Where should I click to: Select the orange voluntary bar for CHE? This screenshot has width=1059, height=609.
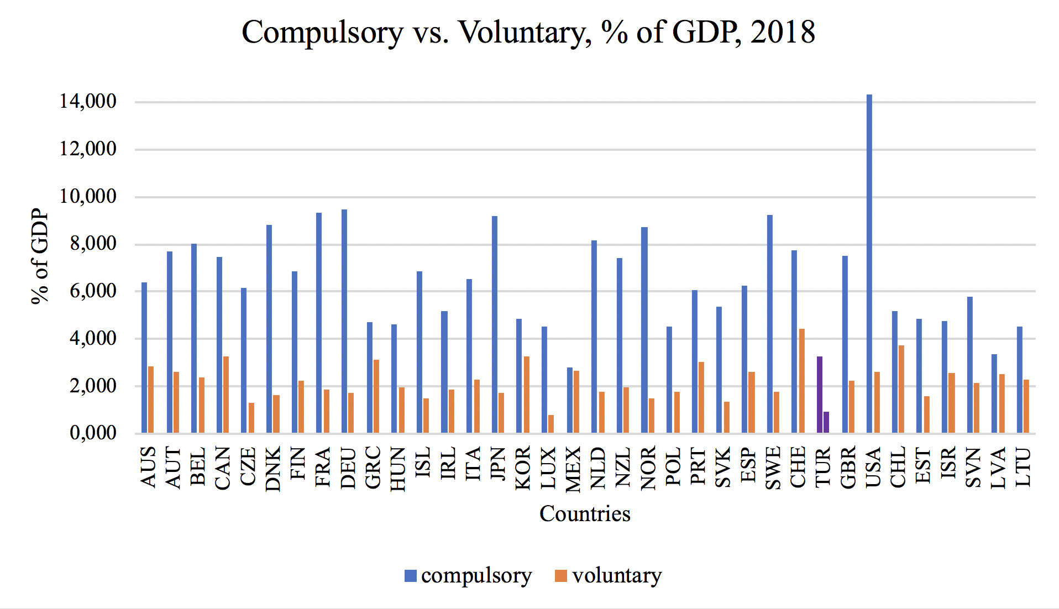tap(801, 381)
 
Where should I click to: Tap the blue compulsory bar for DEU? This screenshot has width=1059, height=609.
tap(344, 321)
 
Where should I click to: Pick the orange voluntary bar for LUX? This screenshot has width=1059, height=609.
tap(551, 424)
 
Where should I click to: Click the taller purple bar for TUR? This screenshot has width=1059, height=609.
tap(820, 395)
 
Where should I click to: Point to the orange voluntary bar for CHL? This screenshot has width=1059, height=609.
tap(901, 389)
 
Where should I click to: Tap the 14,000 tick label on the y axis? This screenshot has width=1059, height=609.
tap(88, 101)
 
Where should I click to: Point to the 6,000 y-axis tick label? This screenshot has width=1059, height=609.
tap(93, 291)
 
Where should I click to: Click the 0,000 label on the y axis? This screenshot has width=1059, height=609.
tap(93, 433)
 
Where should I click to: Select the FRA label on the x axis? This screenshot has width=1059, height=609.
tap(323, 468)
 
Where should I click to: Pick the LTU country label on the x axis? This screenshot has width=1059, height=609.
tap(1024, 468)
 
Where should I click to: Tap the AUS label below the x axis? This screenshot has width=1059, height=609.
tap(149, 468)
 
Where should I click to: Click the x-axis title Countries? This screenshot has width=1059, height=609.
tap(585, 513)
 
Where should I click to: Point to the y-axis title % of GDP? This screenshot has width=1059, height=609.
tap(40, 256)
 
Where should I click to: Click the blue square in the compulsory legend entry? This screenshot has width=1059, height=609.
tap(410, 576)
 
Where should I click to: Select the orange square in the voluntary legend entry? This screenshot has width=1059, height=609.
tap(561, 576)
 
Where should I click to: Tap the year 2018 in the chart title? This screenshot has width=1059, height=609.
tap(783, 32)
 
